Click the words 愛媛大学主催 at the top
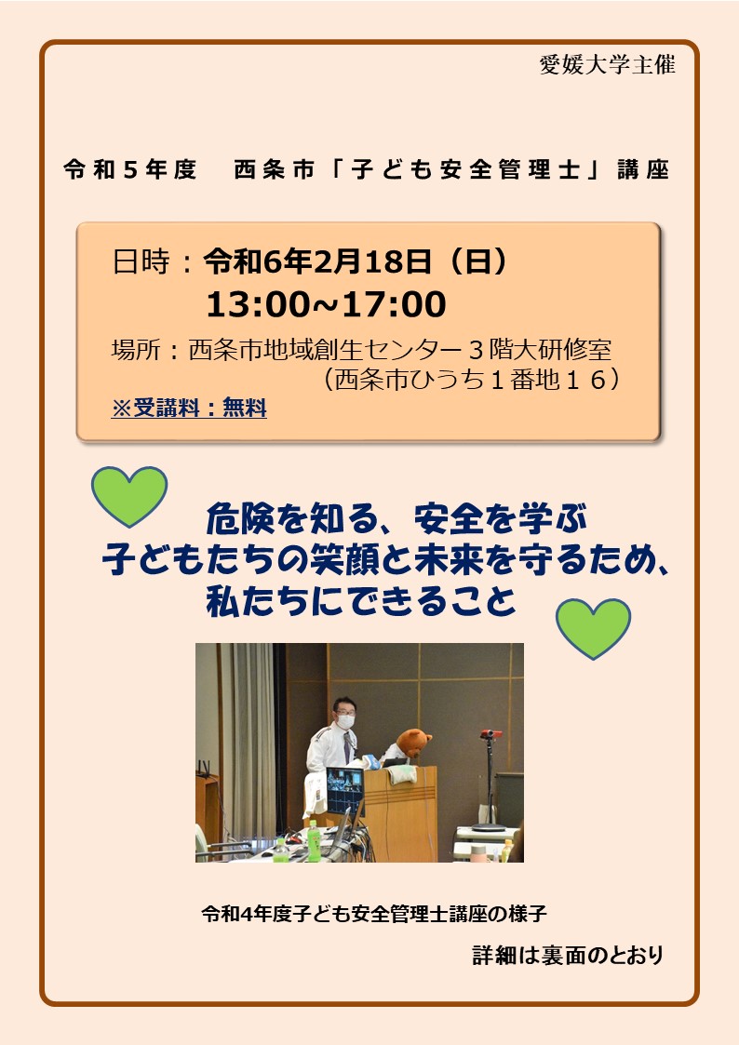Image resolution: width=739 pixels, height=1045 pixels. (x=607, y=64)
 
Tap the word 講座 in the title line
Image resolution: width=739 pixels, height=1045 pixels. (x=643, y=170)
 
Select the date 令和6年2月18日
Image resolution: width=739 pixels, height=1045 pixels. (x=318, y=261)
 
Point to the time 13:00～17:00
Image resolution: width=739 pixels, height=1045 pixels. (x=326, y=304)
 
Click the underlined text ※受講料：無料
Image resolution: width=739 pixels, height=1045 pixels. (x=189, y=408)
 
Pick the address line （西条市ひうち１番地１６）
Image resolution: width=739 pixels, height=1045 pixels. (x=470, y=380)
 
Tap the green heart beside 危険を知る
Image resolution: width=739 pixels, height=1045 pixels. (x=129, y=495)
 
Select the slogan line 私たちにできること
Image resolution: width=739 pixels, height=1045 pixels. (x=362, y=601)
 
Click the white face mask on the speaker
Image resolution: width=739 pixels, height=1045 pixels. (x=345, y=721)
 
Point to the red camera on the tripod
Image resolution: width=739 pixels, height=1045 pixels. (x=491, y=734)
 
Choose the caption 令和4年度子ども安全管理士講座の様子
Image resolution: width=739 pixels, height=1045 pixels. (x=374, y=913)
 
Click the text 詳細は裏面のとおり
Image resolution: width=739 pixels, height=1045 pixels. (x=569, y=955)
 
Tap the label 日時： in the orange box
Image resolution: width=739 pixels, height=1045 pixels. (x=153, y=261)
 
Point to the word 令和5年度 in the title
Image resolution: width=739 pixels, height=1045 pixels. (x=130, y=170)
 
